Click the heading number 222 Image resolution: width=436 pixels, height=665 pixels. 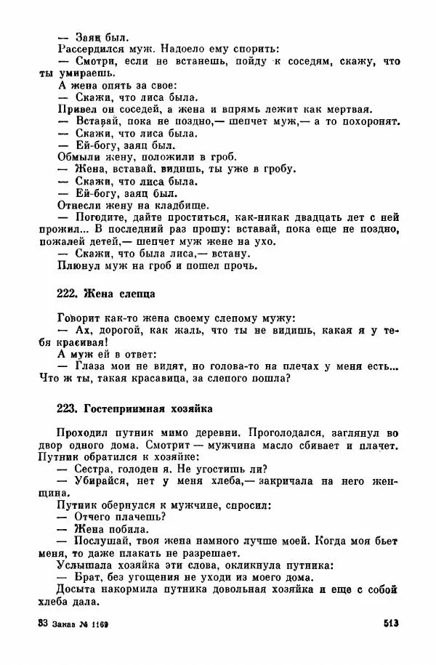click(67, 294)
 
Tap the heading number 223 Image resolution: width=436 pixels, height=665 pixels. click(67, 408)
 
